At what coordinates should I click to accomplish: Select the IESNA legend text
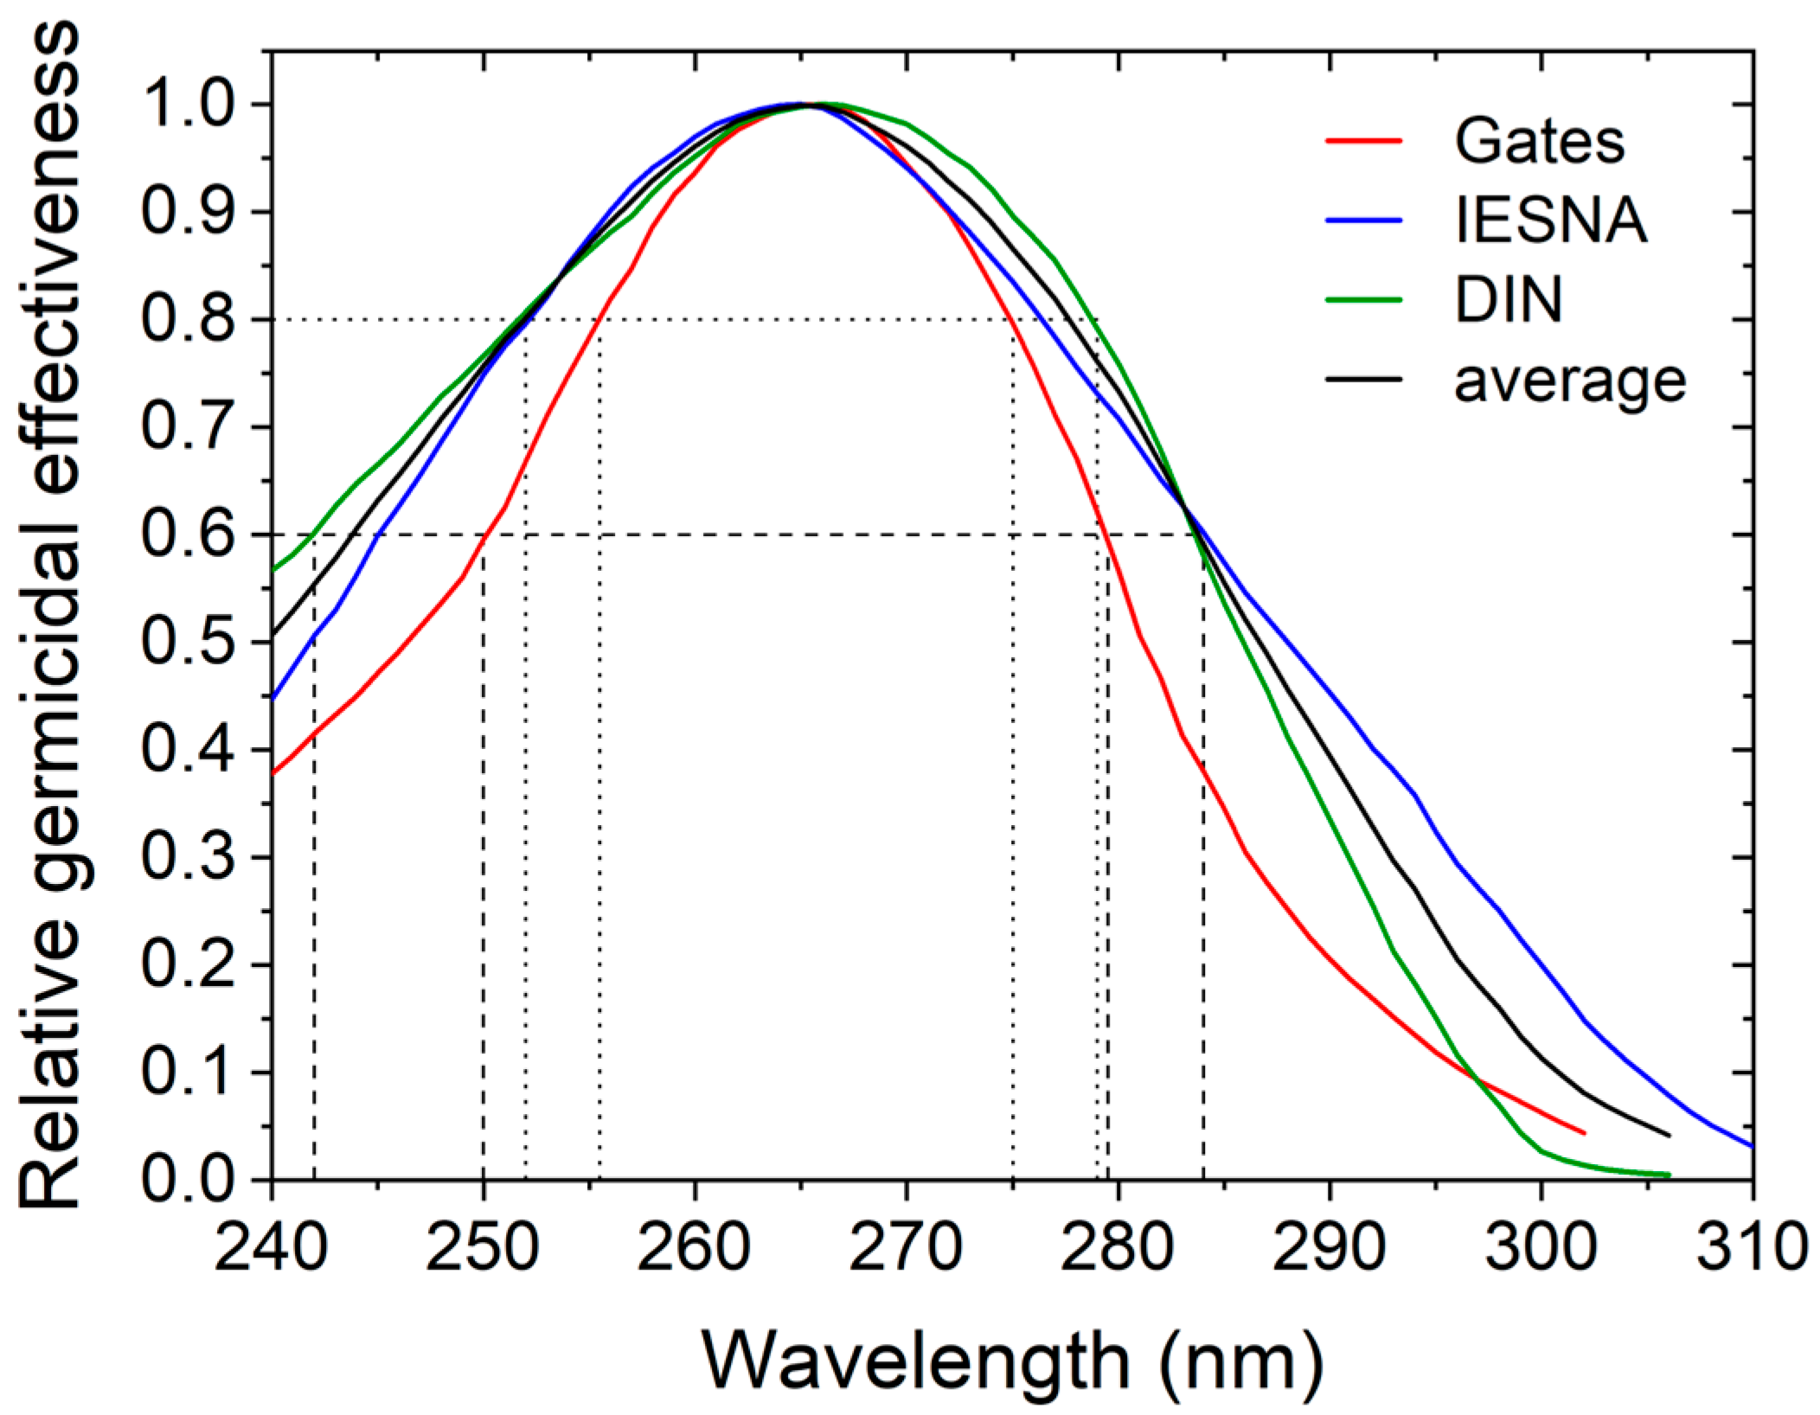coord(1549,221)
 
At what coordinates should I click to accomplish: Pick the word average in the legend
coord(1569,381)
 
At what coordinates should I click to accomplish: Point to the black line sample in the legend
coord(1363,379)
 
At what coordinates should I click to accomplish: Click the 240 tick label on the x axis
coord(271,1246)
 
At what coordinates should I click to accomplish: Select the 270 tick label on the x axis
coord(905,1246)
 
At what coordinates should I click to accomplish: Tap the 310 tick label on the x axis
coord(1751,1246)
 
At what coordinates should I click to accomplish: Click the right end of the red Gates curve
coord(1584,1133)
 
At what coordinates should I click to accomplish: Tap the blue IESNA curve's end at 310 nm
coord(1753,1147)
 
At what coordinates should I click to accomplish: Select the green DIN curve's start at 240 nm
coord(273,570)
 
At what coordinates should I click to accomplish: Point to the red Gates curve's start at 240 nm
coord(273,772)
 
